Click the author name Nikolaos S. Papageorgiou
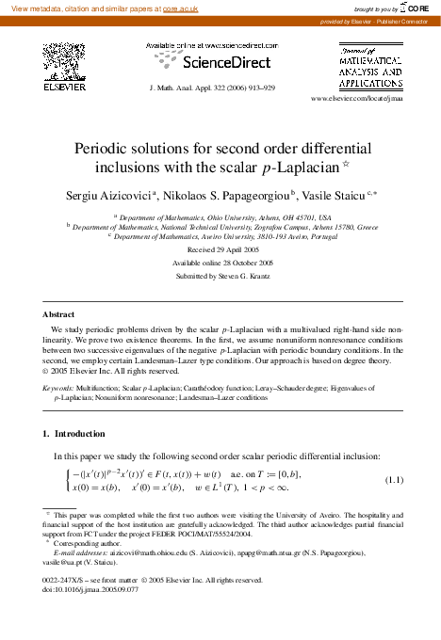coord(216,195)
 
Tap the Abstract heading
coord(58,313)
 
